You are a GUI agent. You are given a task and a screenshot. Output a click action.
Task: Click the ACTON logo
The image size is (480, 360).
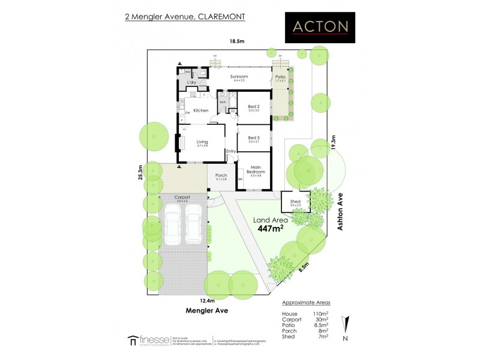click(x=320, y=27)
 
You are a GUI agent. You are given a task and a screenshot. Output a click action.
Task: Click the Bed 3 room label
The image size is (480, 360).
click(x=253, y=137)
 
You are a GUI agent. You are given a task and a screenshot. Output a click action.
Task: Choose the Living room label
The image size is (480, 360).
click(x=202, y=142)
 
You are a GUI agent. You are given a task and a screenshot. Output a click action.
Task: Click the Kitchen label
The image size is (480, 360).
click(x=200, y=110)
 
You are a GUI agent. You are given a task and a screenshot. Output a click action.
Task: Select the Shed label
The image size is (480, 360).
click(x=295, y=202)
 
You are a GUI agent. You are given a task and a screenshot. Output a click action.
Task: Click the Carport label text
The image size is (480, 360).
click(x=182, y=197)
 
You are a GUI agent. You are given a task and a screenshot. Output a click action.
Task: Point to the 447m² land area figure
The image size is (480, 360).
click(x=271, y=229)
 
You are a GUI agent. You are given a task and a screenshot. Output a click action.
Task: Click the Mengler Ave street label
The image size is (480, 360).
click(x=207, y=311)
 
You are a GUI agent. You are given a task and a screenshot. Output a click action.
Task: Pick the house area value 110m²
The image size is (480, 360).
click(x=322, y=314)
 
